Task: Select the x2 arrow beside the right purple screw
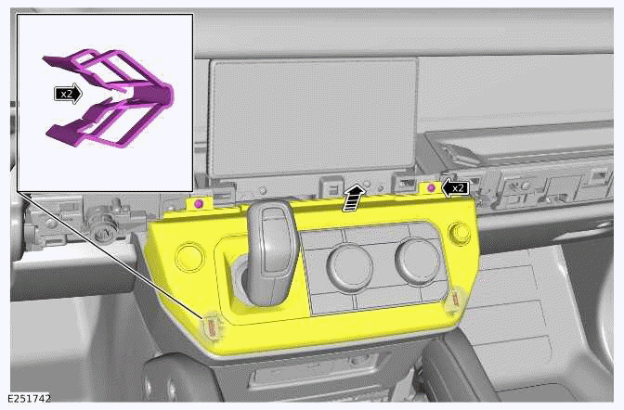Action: pos(454,187)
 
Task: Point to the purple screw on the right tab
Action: pos(431,188)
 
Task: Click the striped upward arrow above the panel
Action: pos(352,199)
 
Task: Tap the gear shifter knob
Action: pos(270,237)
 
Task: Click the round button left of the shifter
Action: pos(190,257)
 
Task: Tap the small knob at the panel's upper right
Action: pos(458,232)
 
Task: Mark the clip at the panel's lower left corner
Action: pos(212,327)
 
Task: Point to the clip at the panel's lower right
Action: pos(455,302)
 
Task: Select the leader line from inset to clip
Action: pos(111,260)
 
